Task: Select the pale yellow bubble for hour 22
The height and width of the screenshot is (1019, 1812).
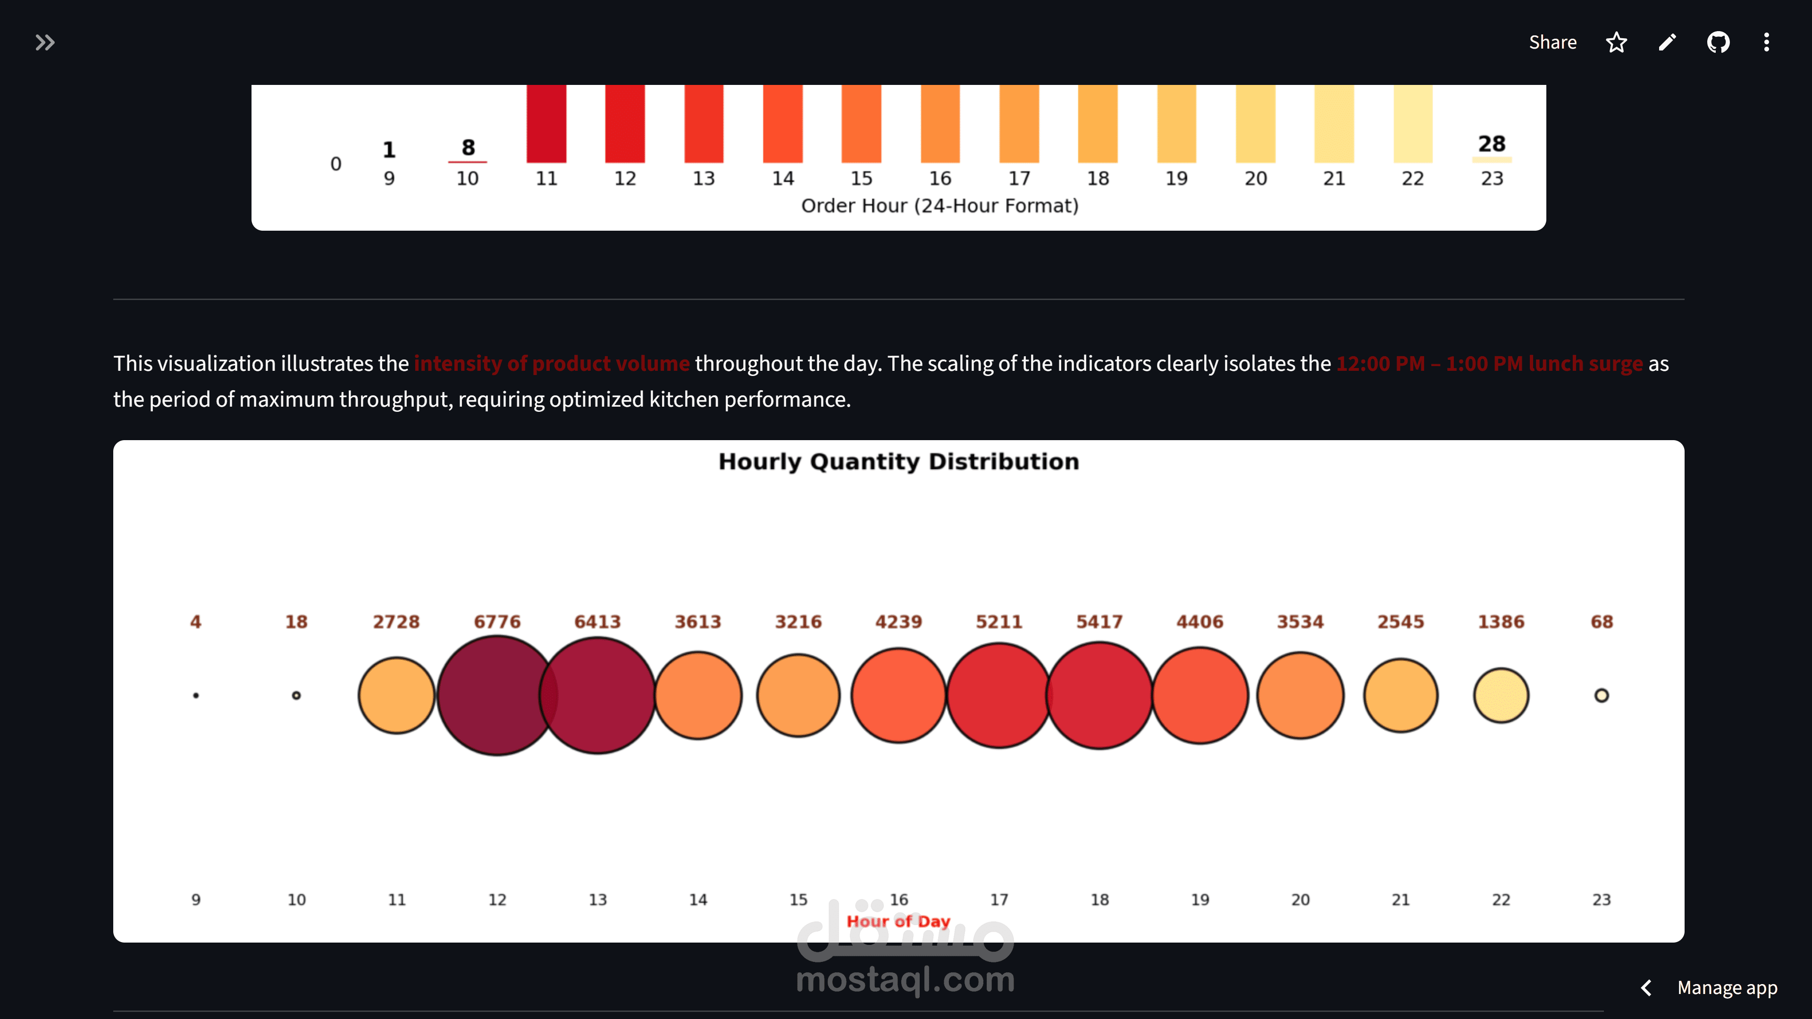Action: [1501, 695]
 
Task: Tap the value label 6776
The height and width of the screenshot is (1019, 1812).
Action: [496, 622]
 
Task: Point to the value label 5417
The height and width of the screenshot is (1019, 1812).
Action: [1099, 622]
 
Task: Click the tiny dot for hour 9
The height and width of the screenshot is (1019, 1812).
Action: [196, 695]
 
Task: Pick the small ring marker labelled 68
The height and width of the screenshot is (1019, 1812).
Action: [1601, 695]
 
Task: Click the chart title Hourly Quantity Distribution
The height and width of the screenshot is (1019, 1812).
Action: [898, 461]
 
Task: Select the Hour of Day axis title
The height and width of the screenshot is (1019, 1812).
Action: [898, 921]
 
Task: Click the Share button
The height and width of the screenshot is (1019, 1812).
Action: [1552, 42]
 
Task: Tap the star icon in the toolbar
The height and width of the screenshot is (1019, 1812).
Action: [1617, 42]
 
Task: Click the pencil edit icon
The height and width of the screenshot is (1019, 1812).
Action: [1667, 42]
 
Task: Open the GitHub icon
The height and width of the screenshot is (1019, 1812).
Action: [1718, 42]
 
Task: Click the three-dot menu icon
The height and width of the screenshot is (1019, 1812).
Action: [1766, 42]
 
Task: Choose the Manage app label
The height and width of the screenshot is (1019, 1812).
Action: [1727, 987]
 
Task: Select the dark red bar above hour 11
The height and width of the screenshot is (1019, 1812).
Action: [546, 123]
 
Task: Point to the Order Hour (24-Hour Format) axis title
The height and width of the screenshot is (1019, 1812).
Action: [940, 205]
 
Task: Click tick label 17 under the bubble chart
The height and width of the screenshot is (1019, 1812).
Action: [999, 900]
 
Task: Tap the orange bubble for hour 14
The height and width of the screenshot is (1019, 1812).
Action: [698, 695]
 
